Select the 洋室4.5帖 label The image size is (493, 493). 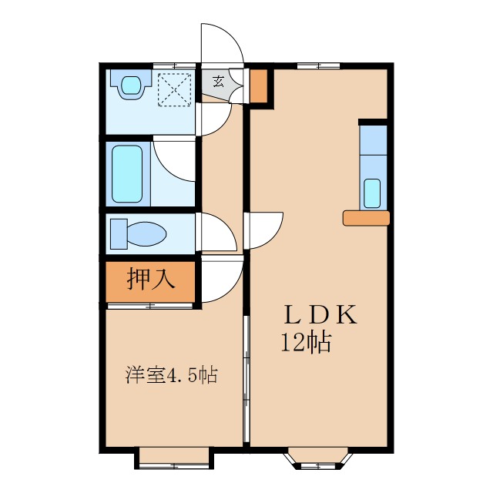pos(171,376)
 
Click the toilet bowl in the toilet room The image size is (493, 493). pos(139,233)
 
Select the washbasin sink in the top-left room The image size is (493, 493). pos(132,83)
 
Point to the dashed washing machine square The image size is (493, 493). pos(174,88)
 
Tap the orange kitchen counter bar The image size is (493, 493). pos(366,219)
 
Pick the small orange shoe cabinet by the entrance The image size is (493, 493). pos(258,87)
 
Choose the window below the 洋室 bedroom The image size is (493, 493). pos(174,458)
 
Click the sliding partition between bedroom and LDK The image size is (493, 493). pos(246,377)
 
